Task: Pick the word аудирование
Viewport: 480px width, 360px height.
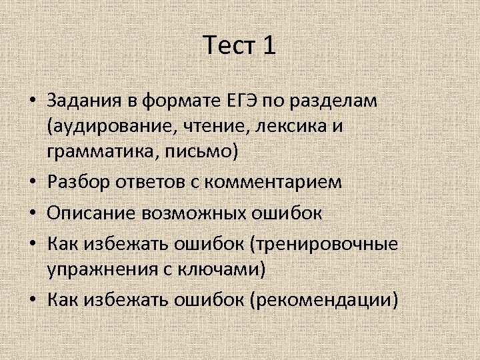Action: (106, 126)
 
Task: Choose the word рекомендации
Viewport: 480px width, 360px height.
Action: (323, 300)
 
